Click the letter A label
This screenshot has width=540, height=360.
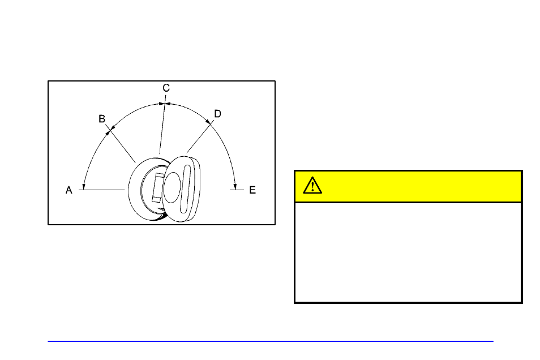tap(68, 190)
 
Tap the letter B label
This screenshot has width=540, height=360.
tap(102, 119)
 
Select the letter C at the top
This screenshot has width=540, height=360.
tap(166, 88)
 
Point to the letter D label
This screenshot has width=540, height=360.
tap(217, 114)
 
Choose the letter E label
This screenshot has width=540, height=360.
tap(252, 190)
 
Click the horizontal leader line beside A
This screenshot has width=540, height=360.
tap(102, 190)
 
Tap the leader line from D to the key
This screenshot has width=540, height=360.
tap(201, 136)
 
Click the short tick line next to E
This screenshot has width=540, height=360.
tap(236, 190)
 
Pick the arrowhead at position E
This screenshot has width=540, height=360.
tap(235, 185)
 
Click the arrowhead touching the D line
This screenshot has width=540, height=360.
tap(211, 123)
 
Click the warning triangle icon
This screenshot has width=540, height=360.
tap(312, 186)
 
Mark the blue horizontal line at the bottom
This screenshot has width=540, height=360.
tap(271, 341)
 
